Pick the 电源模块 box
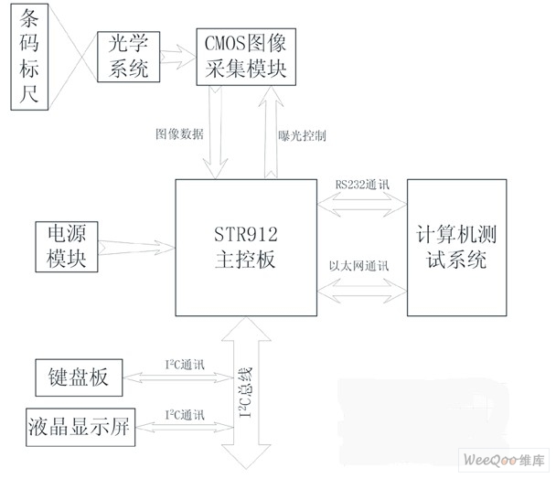[x=67, y=246]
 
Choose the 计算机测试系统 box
[x=455, y=248]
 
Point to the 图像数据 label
[x=179, y=133]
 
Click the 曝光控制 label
[x=302, y=134]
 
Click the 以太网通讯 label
[x=359, y=266]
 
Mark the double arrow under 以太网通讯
[x=362, y=287]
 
